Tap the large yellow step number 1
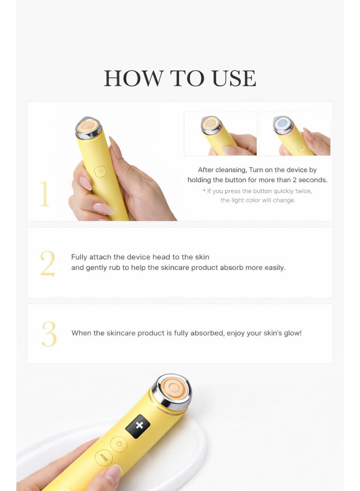44,194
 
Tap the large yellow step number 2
47,263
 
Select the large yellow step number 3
49,334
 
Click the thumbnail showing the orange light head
220,134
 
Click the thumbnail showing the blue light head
295,134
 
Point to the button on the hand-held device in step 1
100,171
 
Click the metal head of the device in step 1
88,128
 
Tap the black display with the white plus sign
138,426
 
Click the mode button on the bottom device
104,459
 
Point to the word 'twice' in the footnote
302,191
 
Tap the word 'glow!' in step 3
291,333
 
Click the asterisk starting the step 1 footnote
204,191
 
